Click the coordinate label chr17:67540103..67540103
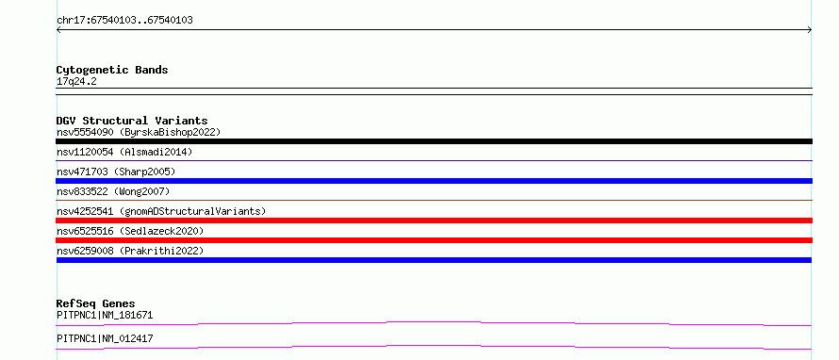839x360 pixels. click(x=124, y=21)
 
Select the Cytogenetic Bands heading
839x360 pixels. click(x=112, y=70)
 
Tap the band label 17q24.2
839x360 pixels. click(x=76, y=82)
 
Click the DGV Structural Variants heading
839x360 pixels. click(x=132, y=121)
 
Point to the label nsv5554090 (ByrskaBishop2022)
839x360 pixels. click(x=139, y=132)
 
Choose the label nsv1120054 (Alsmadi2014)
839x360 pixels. click(x=124, y=152)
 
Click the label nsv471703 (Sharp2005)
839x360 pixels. click(x=116, y=172)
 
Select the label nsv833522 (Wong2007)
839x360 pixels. click(x=113, y=191)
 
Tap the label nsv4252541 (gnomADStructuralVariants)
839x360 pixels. click(x=161, y=211)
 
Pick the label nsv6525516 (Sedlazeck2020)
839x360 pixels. click(x=130, y=231)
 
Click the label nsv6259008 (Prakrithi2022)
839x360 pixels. click(x=130, y=251)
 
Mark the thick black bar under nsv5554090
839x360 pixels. click(x=434, y=141)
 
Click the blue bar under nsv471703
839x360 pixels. click(x=434, y=181)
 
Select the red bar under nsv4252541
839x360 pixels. click(x=434, y=221)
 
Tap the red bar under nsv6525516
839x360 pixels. click(x=434, y=240)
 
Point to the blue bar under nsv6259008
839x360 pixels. click(x=434, y=260)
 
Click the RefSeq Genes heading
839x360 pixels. click(x=96, y=303)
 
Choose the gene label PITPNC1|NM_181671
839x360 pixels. click(x=105, y=315)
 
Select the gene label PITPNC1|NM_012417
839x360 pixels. click(x=105, y=338)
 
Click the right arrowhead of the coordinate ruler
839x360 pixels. click(x=811, y=30)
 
